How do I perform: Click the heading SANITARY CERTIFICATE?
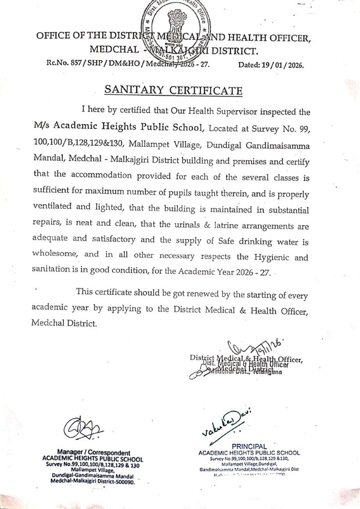pyautogui.click(x=174, y=90)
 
